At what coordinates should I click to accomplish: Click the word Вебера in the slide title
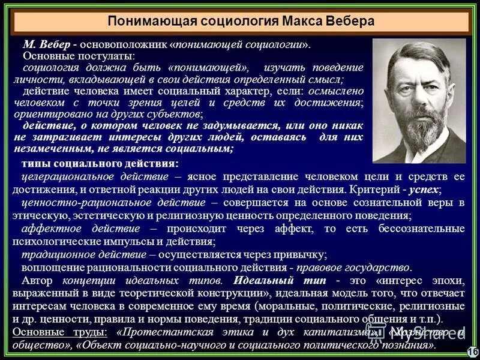(347, 21)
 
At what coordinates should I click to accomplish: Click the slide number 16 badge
(472, 351)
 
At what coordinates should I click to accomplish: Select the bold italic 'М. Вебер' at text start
(43, 44)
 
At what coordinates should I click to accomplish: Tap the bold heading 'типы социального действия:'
(100, 164)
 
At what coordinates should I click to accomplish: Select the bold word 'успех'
(425, 189)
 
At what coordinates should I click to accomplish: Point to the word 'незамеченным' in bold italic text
(47, 148)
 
